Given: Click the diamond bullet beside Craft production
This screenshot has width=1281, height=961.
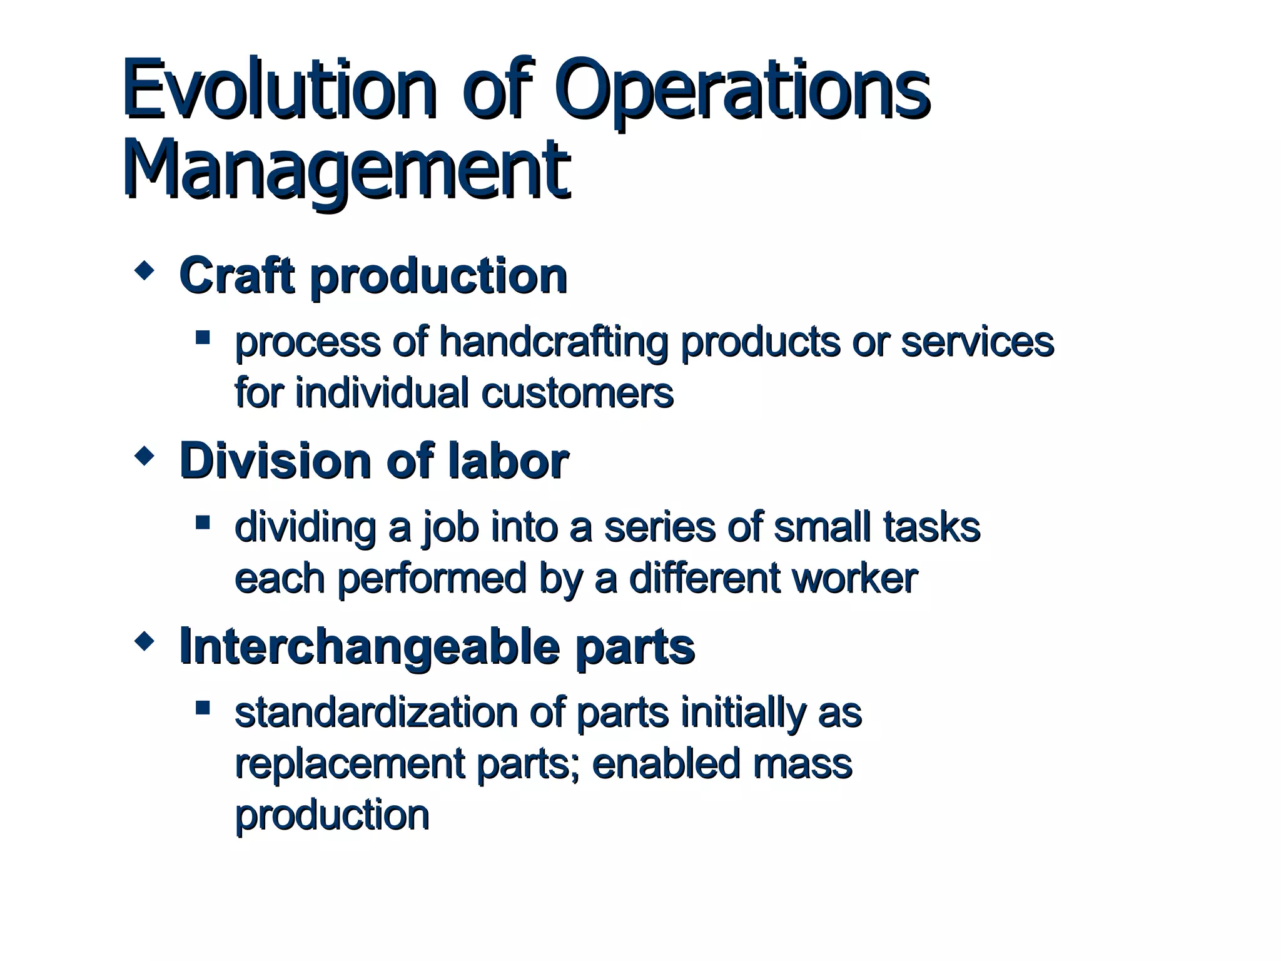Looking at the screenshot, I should point(144,272).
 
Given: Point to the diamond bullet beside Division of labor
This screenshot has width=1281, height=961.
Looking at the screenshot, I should point(144,456).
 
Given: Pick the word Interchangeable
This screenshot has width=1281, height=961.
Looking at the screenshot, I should point(369,646).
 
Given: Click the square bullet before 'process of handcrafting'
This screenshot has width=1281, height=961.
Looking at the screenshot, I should point(202,338).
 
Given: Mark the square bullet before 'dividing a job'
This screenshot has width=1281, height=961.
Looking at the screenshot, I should point(202,523).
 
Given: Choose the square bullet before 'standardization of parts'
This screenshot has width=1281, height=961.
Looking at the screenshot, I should point(202,708).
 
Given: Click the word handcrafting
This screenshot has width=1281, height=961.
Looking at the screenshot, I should point(553,343).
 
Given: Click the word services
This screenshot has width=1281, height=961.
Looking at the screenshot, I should point(977,343).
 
